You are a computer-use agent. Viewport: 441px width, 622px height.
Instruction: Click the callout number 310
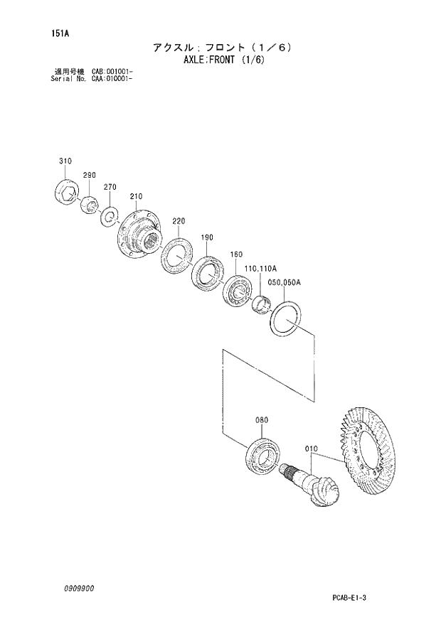point(65,162)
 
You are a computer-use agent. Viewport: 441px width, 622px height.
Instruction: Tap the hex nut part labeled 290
point(90,204)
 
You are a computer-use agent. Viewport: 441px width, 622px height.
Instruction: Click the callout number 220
point(179,221)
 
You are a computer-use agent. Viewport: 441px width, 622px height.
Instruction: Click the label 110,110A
point(260,268)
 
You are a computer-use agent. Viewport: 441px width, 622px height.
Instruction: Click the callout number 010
point(310,449)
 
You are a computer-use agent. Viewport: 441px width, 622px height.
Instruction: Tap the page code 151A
point(51,33)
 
